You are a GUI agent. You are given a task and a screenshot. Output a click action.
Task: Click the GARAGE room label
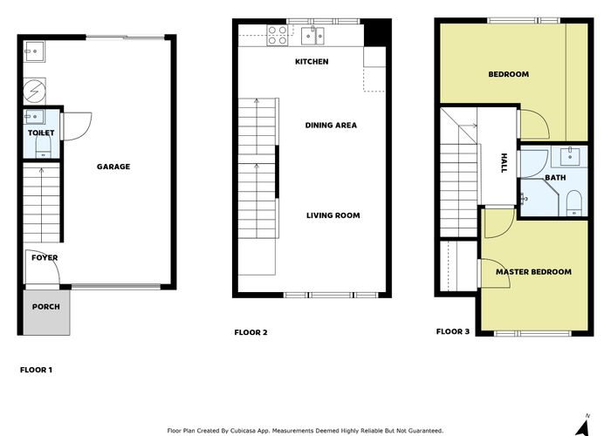point(113,167)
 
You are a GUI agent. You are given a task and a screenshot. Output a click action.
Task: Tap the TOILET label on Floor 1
point(41,133)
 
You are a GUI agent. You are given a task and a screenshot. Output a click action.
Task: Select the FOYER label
point(45,258)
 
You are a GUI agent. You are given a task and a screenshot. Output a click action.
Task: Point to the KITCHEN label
point(312,62)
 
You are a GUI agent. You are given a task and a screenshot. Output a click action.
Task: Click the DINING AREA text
point(331,126)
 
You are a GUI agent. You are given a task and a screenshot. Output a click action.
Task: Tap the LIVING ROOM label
point(333,215)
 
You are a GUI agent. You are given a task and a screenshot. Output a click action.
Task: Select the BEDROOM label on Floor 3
point(508,75)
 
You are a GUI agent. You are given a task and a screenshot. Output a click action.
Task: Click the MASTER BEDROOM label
point(533,272)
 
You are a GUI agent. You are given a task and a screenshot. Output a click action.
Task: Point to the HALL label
point(504,163)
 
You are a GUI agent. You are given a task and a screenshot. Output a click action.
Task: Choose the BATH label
point(555,178)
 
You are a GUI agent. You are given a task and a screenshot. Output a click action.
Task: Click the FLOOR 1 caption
point(36,370)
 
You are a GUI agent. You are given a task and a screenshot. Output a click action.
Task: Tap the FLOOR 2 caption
point(251,332)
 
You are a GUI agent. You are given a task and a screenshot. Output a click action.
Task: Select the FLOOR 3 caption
point(453,331)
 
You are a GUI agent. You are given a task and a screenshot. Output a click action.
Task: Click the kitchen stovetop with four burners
point(278,35)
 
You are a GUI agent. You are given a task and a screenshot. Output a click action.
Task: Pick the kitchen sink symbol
point(313,35)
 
